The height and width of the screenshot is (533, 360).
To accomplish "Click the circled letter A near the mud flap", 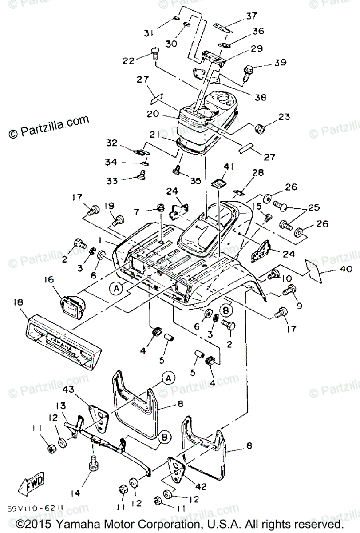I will [168, 378].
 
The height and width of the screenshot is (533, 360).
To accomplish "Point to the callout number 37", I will [251, 16].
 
